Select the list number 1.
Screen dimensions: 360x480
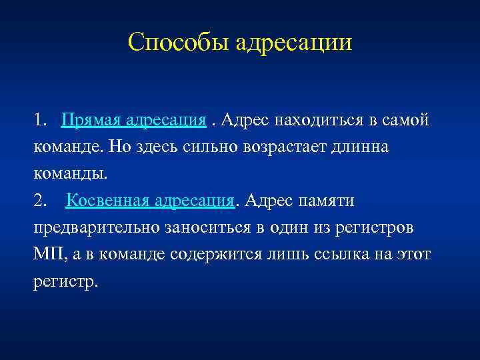pyautogui.click(x=39, y=121)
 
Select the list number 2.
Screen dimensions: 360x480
pyautogui.click(x=39, y=201)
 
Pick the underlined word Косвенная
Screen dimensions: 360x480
pyautogui.click(x=107, y=201)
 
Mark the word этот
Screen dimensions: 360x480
pyautogui.click(x=413, y=254)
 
